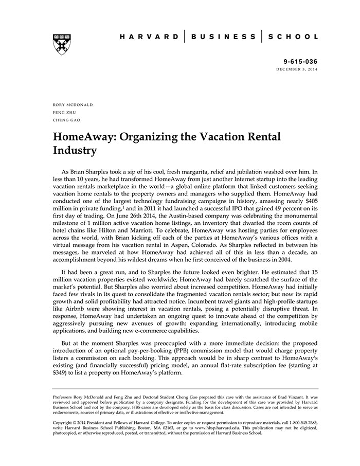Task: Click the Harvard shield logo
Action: click(x=62, y=44)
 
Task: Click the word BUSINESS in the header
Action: click(x=223, y=37)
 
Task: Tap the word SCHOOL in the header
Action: click(x=293, y=37)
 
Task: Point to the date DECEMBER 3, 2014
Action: click(x=297, y=69)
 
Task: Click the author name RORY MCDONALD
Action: click(x=73, y=104)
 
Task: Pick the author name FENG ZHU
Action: click(x=64, y=112)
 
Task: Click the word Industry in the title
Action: click(x=75, y=151)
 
